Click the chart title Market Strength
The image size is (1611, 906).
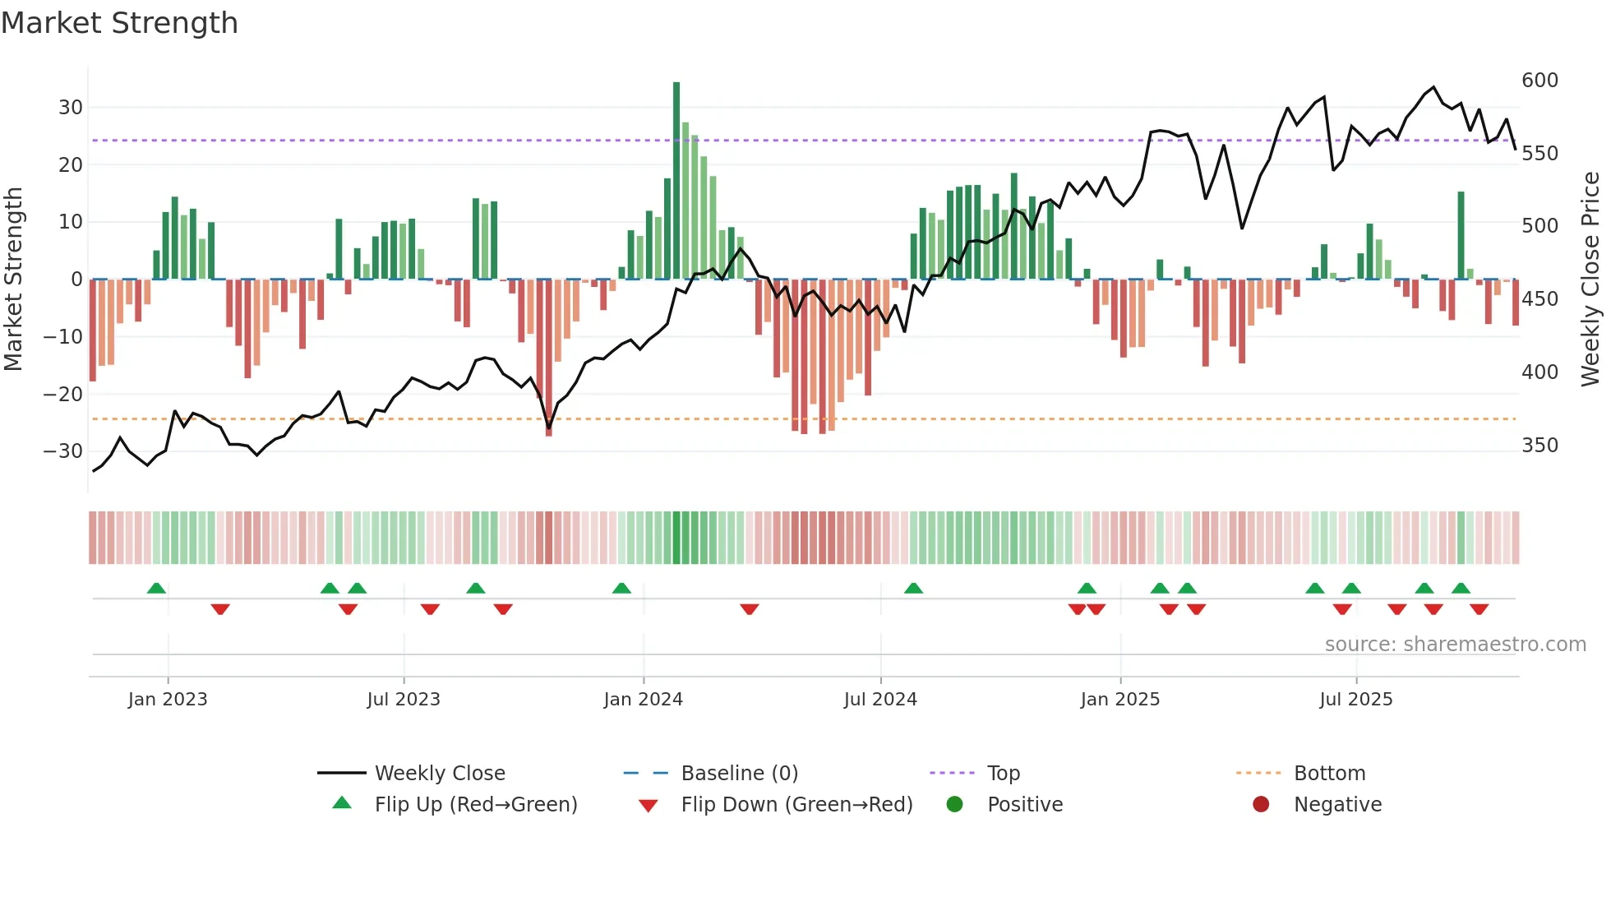tap(119, 23)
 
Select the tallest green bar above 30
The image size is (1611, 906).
tap(676, 181)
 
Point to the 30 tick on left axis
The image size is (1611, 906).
tap(71, 108)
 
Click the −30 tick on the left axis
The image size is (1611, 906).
tap(63, 451)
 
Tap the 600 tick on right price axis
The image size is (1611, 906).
tap(1539, 81)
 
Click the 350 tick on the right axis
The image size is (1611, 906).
tap(1539, 446)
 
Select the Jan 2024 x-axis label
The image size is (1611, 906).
tap(643, 700)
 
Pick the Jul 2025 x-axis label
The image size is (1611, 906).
tap(1355, 700)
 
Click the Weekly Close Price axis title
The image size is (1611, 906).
tap(1590, 280)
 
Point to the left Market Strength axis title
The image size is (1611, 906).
tap(14, 280)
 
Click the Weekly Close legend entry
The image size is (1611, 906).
tap(440, 774)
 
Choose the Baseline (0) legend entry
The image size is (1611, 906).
tap(739, 774)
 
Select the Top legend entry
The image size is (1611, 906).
tap(1003, 774)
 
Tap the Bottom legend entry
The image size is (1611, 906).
tap(1329, 774)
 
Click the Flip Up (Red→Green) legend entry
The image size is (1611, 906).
tap(475, 805)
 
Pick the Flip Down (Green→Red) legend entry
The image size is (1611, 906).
tap(796, 805)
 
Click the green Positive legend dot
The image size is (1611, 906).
tap(954, 804)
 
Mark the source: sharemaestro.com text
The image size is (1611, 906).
tap(1455, 645)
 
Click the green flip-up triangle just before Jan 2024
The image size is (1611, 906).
tap(621, 588)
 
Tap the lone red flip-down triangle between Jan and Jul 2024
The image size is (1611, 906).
tap(749, 609)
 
